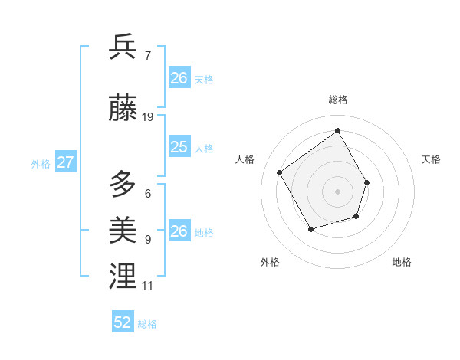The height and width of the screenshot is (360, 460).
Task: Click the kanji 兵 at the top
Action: [123, 47]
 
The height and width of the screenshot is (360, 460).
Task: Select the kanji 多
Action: [123, 185]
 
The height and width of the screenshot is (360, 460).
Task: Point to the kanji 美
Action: [123, 229]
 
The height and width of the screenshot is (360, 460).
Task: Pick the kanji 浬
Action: [123, 276]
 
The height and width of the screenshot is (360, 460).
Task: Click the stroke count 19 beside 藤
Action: [148, 117]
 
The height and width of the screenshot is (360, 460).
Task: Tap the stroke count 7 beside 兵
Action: [147, 55]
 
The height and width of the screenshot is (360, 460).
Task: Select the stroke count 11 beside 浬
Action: [147, 286]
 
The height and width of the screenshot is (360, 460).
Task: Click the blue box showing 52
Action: [123, 322]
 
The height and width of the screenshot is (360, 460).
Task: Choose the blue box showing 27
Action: [65, 162]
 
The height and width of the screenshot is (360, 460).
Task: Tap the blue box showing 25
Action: [179, 147]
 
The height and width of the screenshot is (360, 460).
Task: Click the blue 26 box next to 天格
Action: [179, 78]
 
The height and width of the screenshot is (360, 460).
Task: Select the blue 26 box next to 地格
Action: [179, 231]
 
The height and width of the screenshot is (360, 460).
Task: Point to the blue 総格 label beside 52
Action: [147, 324]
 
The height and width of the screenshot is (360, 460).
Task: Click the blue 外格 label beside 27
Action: [41, 163]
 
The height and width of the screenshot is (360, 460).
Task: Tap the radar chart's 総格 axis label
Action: [338, 100]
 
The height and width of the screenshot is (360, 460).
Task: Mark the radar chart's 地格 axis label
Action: [402, 263]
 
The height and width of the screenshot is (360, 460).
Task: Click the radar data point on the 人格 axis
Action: [280, 173]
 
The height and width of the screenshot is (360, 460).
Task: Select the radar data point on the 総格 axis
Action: [338, 130]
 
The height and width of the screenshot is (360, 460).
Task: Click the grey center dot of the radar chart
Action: [337, 191]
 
